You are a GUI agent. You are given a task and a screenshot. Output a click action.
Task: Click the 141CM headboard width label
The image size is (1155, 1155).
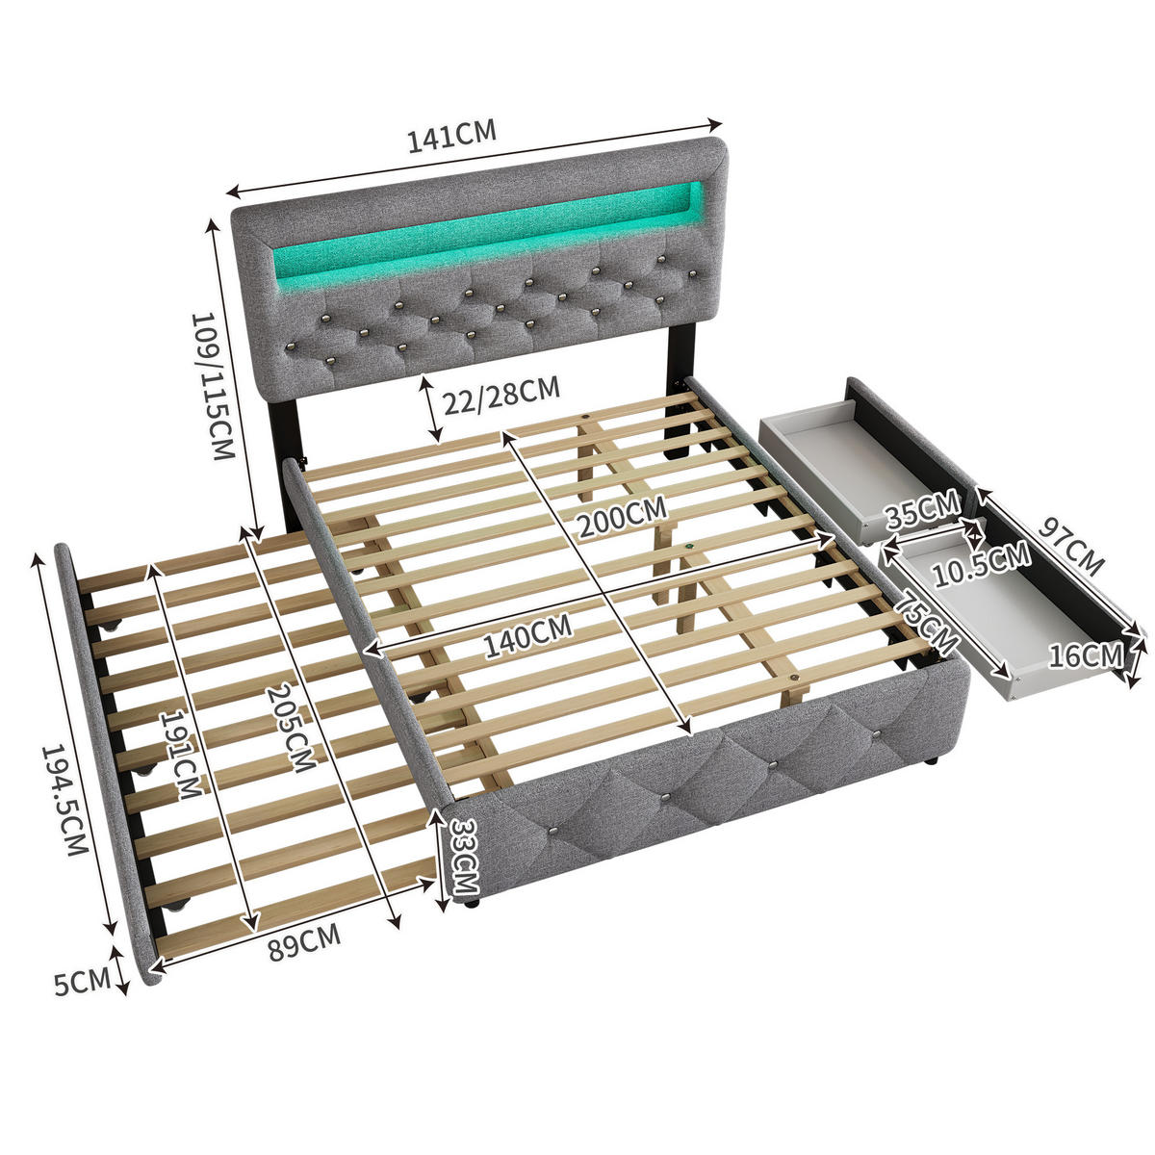coord(452,136)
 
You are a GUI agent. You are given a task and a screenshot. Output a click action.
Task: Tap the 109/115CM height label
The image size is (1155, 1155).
coord(212,386)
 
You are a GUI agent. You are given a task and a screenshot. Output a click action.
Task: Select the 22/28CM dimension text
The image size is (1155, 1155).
coord(501,395)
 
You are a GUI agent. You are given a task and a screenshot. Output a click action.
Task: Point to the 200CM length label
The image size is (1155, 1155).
coord(622,516)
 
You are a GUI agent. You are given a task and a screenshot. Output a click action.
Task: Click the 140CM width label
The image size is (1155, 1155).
coord(527,635)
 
